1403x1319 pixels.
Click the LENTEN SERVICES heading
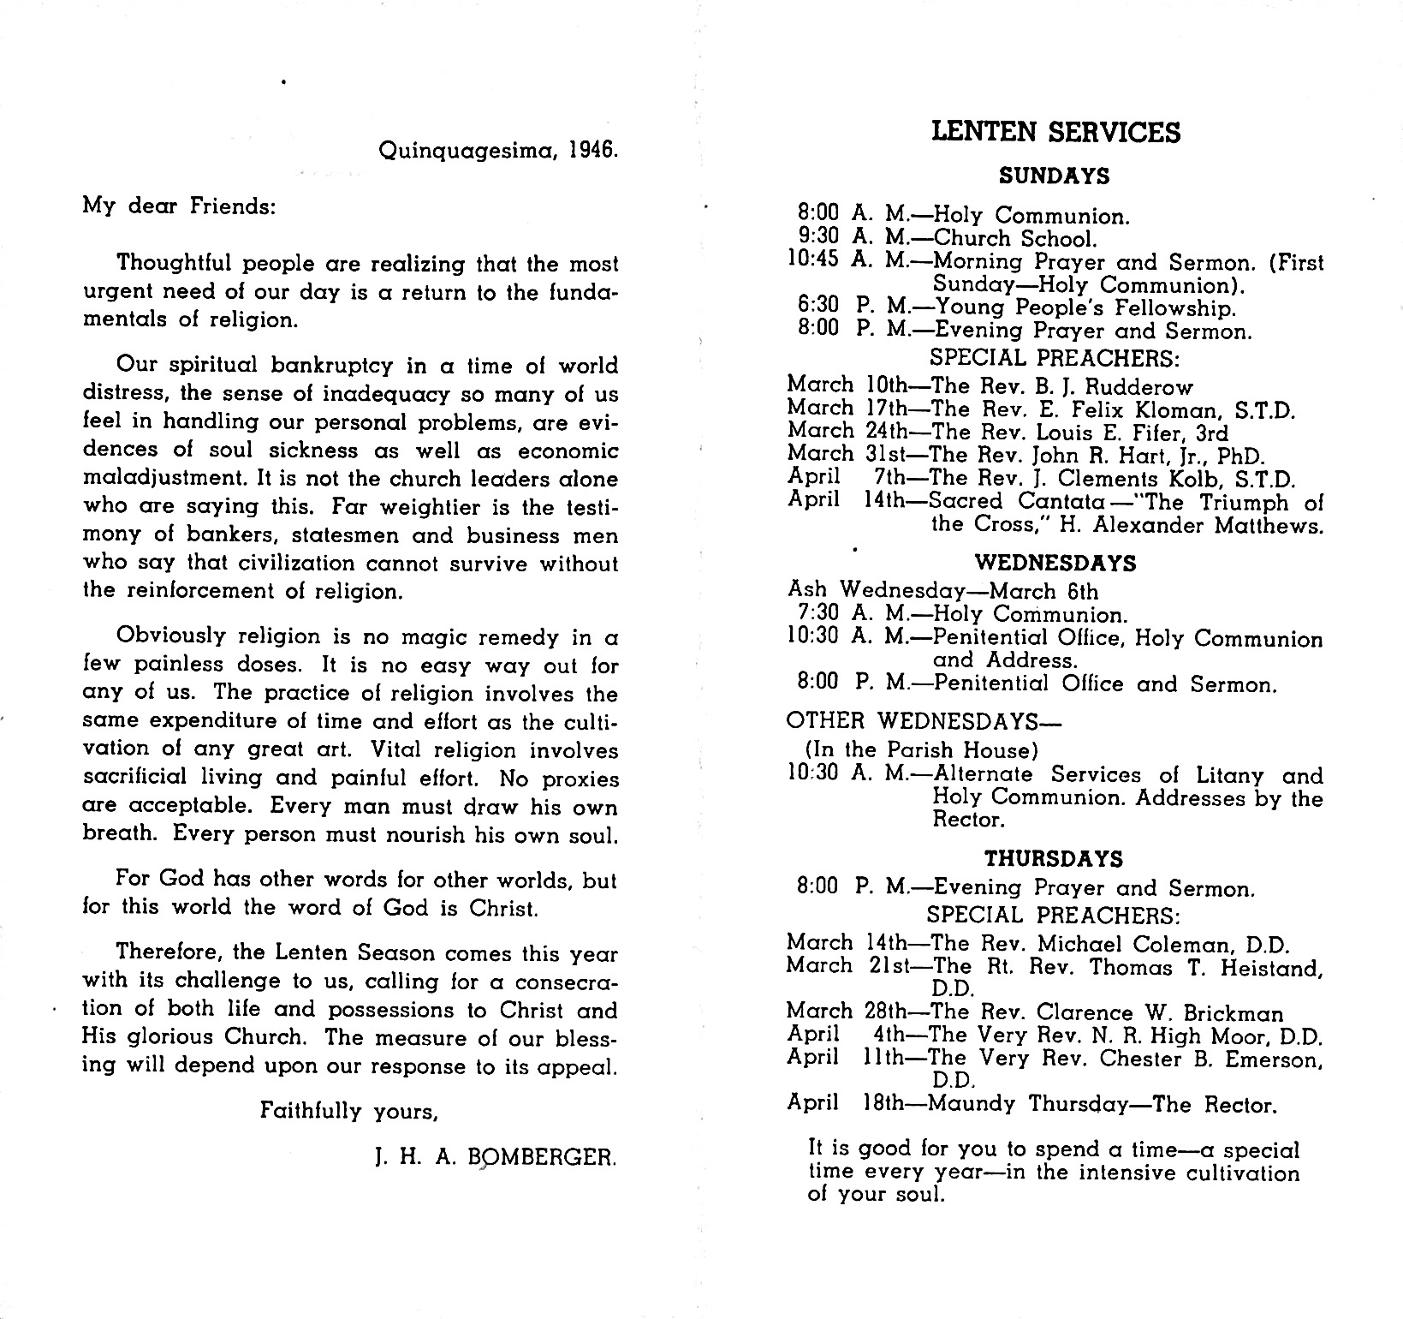(1055, 132)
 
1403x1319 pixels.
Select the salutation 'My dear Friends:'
(179, 207)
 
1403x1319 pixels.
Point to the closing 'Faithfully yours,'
(349, 1112)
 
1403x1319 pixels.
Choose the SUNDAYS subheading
(1055, 176)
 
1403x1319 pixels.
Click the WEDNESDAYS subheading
(1055, 564)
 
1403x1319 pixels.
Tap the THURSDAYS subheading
(1053, 859)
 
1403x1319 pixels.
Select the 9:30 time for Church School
(818, 239)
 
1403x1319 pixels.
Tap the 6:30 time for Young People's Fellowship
(818, 307)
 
